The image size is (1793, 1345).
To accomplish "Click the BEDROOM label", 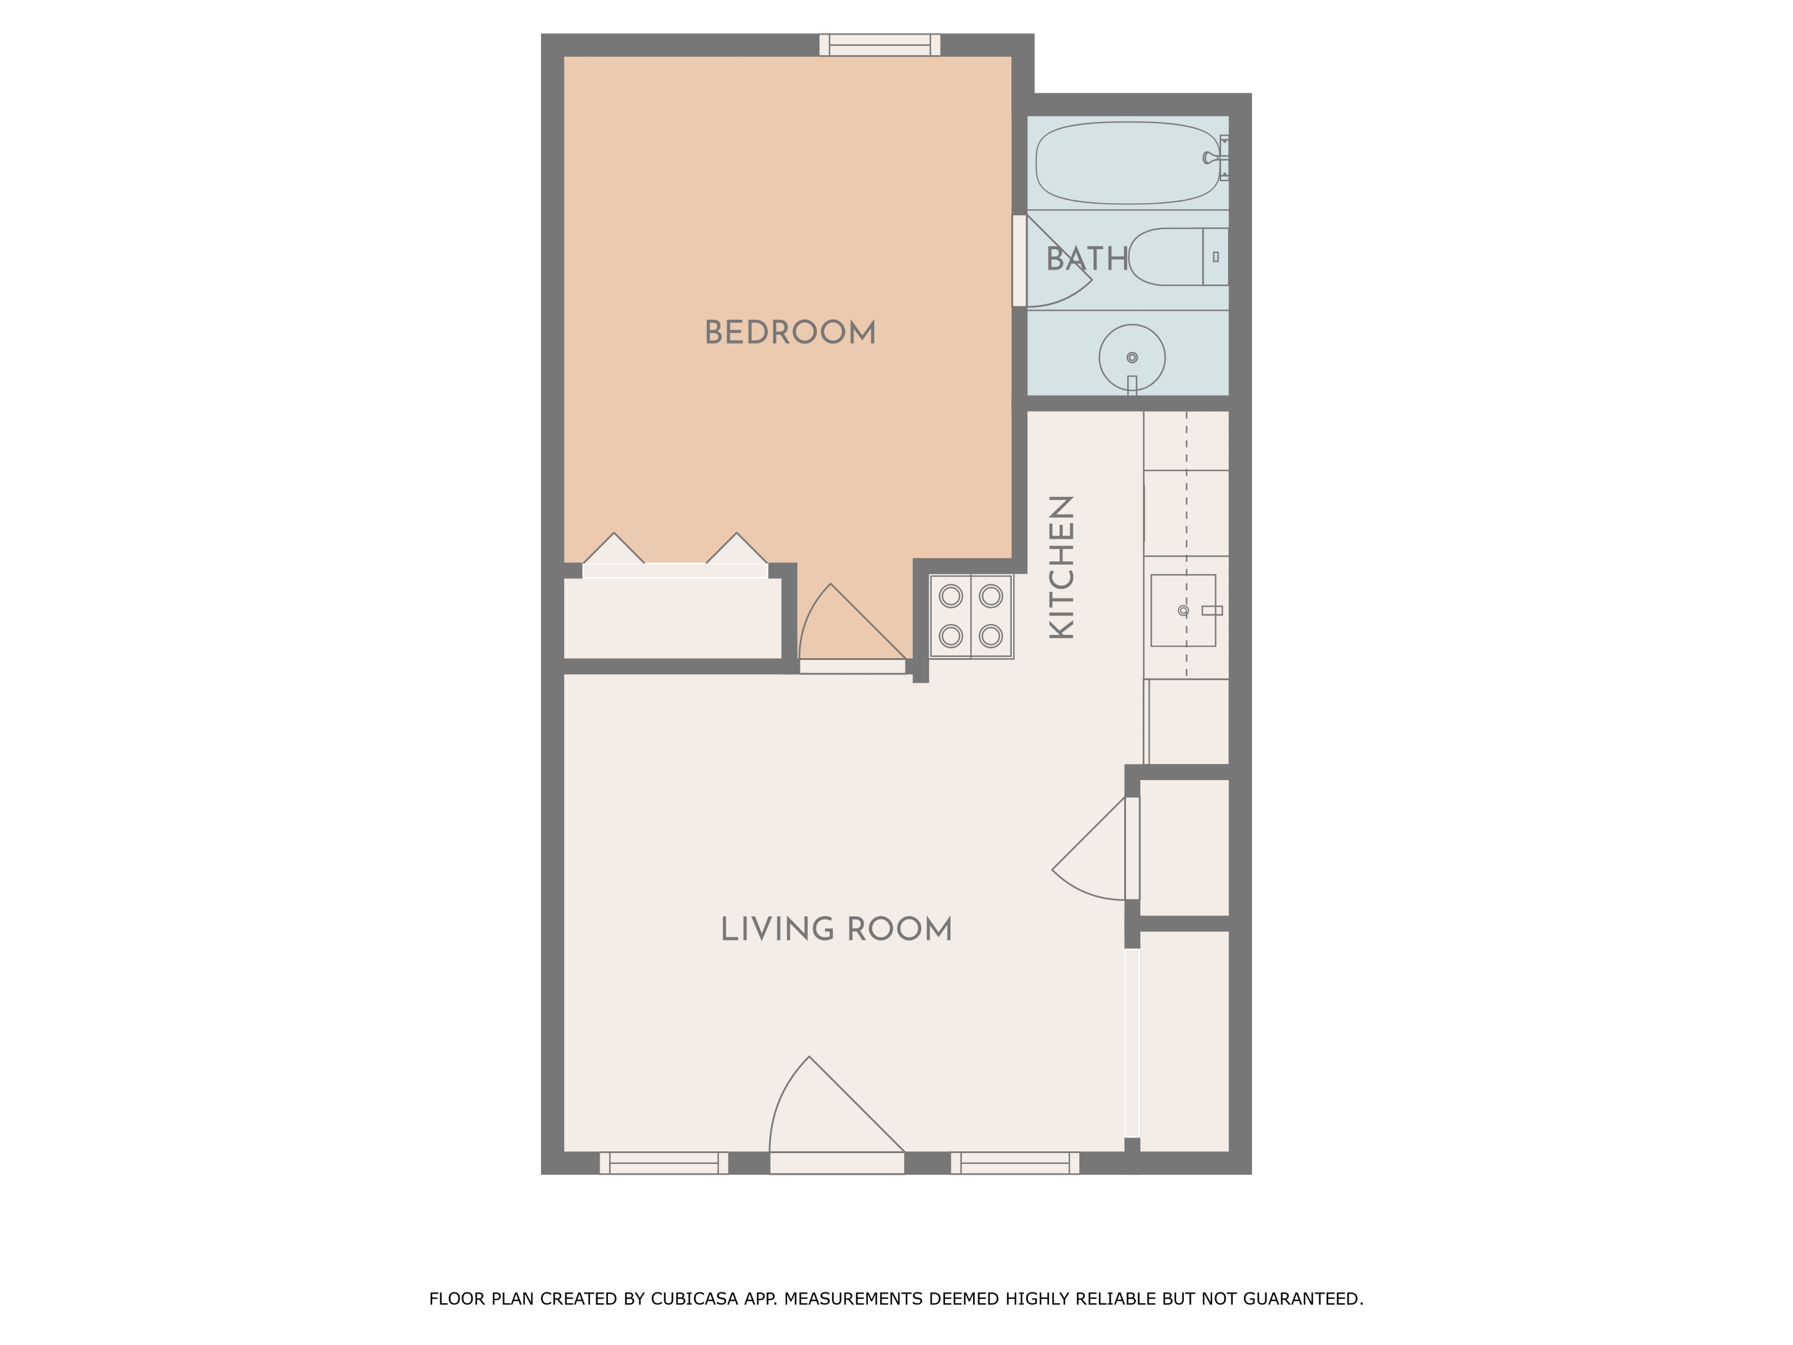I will click(790, 332).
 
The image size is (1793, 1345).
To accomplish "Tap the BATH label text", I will click(1086, 259).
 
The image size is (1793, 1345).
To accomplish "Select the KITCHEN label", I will click(1062, 567).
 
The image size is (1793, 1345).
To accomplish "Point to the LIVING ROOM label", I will click(836, 929).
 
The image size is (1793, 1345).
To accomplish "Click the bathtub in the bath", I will click(1127, 163).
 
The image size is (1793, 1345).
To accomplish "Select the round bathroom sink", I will click(1131, 357).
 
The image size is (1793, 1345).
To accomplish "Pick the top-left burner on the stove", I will click(951, 597).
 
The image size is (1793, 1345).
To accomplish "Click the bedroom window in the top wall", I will click(880, 45).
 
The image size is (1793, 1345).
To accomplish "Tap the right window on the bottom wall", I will click(1014, 1163).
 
